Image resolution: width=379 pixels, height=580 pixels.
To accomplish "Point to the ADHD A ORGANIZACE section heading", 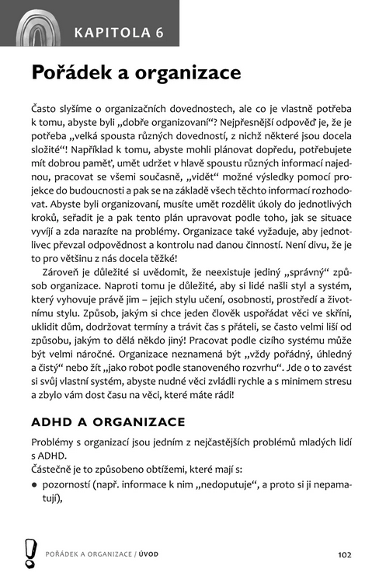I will coord(108,422).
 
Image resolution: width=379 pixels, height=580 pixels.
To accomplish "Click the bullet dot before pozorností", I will coord(35,485).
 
